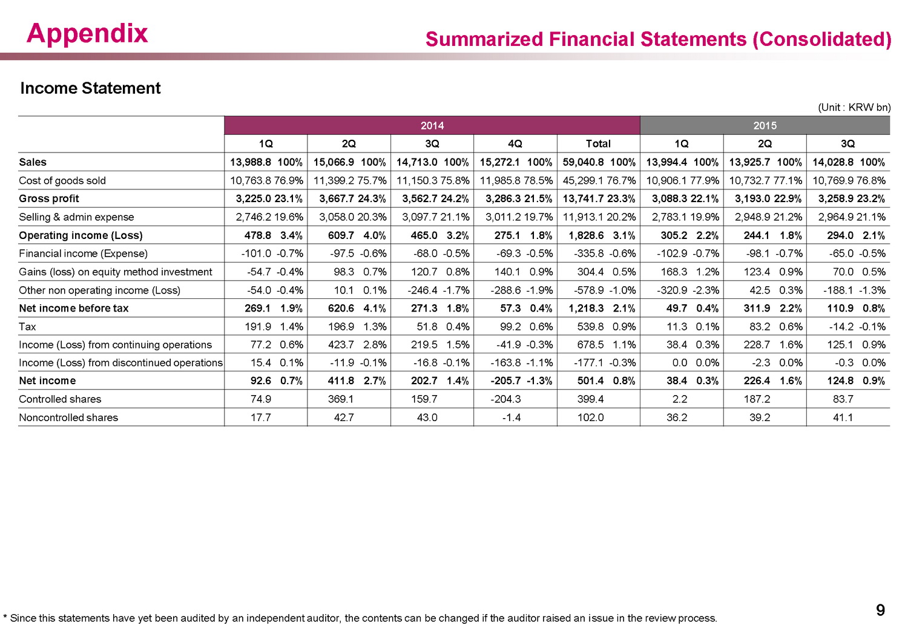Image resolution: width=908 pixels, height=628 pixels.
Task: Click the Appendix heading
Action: tap(87, 34)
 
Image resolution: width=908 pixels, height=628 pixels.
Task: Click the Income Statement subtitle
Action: tap(90, 88)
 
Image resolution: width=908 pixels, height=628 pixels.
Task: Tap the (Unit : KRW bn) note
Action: tap(854, 107)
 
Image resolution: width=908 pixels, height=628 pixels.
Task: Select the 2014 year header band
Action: tap(432, 125)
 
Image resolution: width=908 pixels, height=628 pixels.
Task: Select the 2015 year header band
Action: tap(765, 125)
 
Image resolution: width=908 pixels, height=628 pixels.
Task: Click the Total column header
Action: tap(598, 144)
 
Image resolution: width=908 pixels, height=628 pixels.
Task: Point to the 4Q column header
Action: tap(515, 144)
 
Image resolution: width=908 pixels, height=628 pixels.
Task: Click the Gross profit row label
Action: tap(49, 198)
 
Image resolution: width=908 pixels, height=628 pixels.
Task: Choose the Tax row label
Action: tap(28, 327)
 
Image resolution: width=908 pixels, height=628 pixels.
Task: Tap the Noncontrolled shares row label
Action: tap(68, 417)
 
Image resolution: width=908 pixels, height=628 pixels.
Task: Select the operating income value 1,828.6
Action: tap(586, 235)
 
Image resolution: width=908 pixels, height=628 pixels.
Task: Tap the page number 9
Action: tap(880, 610)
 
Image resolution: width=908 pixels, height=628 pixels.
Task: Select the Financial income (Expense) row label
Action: tap(83, 253)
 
